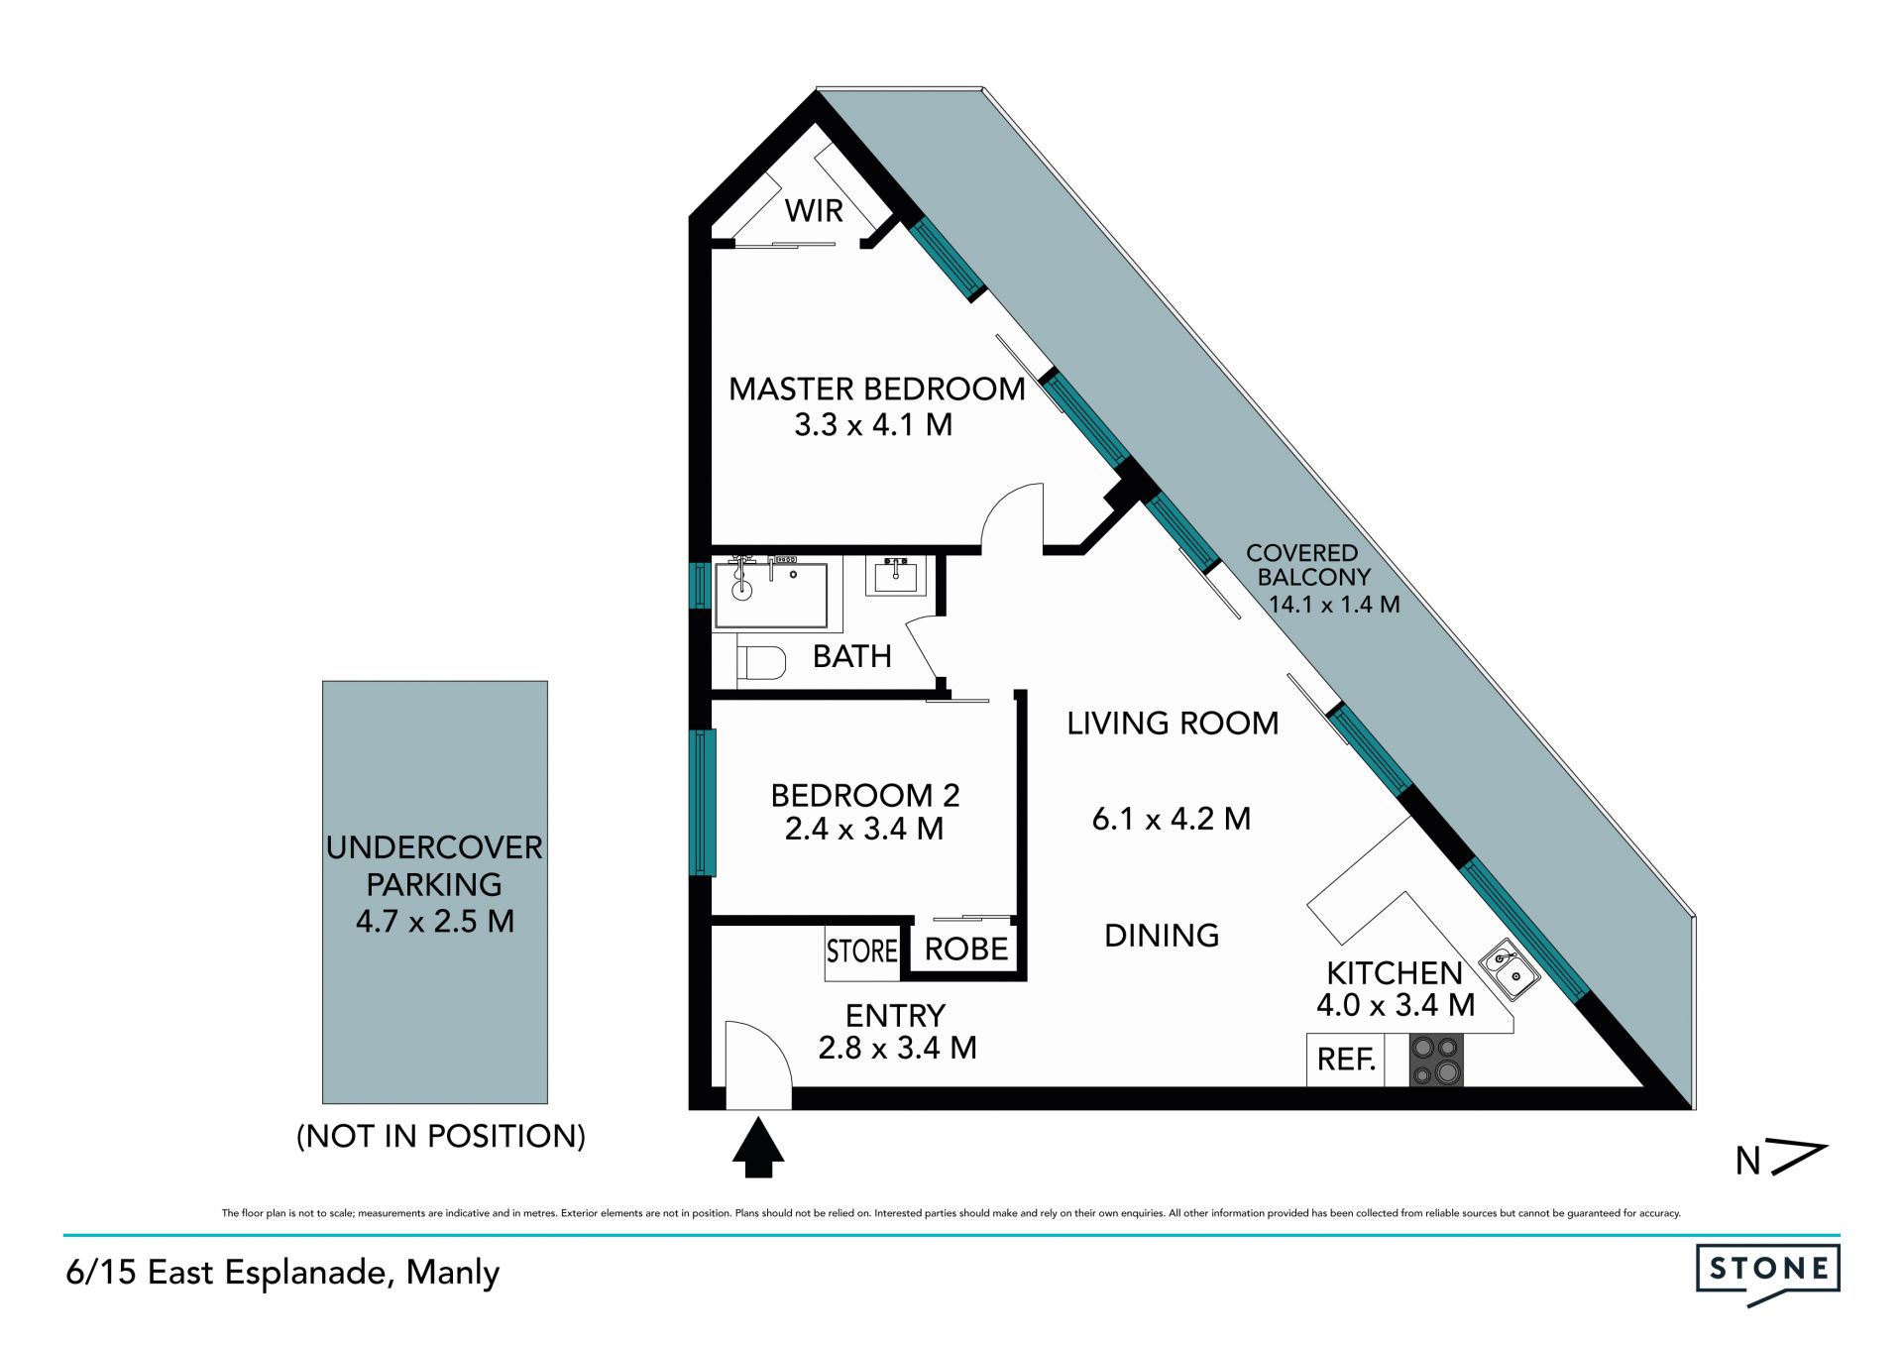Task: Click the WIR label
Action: click(x=814, y=210)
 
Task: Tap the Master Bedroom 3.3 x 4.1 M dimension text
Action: click(x=873, y=424)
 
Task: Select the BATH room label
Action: click(x=851, y=656)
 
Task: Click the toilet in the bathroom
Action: click(x=762, y=661)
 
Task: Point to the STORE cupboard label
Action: click(x=862, y=952)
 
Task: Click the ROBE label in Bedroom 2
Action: click(x=966, y=949)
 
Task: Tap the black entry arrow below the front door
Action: click(x=758, y=1147)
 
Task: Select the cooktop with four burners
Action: click(x=1436, y=1060)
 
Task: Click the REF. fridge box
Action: click(x=1345, y=1060)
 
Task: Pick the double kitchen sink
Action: click(x=1510, y=968)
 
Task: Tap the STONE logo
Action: click(x=1768, y=1274)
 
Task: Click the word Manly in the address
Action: click(x=453, y=1274)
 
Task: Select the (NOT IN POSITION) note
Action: click(x=441, y=1136)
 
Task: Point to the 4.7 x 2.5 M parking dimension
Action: click(x=435, y=921)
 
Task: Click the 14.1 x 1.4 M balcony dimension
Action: click(x=1334, y=604)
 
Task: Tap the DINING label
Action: click(x=1162, y=935)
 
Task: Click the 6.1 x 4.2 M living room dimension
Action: click(x=1172, y=819)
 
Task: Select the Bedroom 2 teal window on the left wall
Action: click(x=703, y=803)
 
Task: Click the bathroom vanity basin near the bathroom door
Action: click(x=897, y=576)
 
